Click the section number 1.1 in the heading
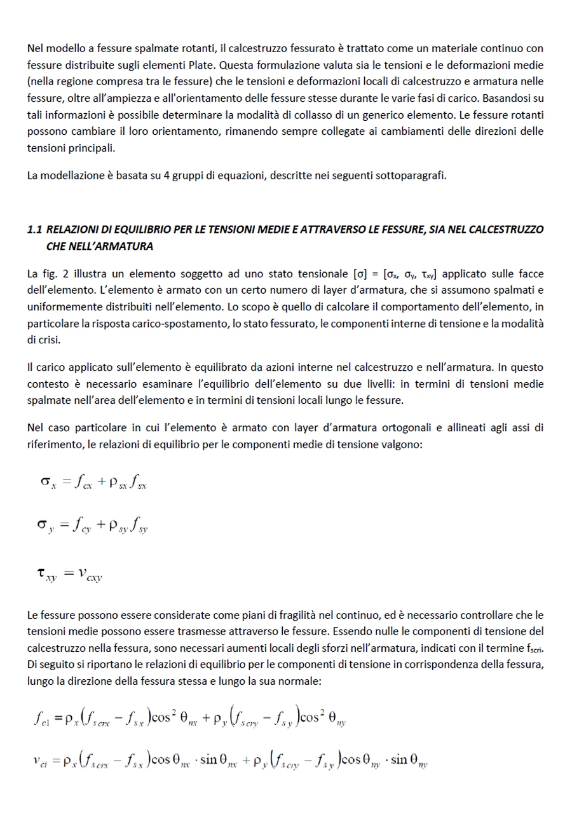(x=35, y=229)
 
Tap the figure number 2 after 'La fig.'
(x=67, y=274)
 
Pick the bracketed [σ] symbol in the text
(x=360, y=274)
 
